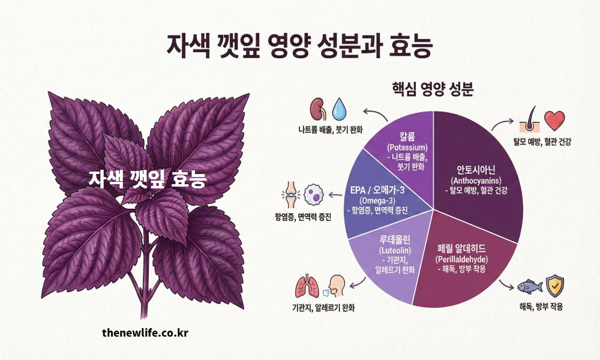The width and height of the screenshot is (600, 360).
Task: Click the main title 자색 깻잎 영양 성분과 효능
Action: click(x=299, y=47)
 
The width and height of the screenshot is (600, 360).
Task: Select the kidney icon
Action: click(x=317, y=109)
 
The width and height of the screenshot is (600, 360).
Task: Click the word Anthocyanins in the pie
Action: click(x=476, y=181)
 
